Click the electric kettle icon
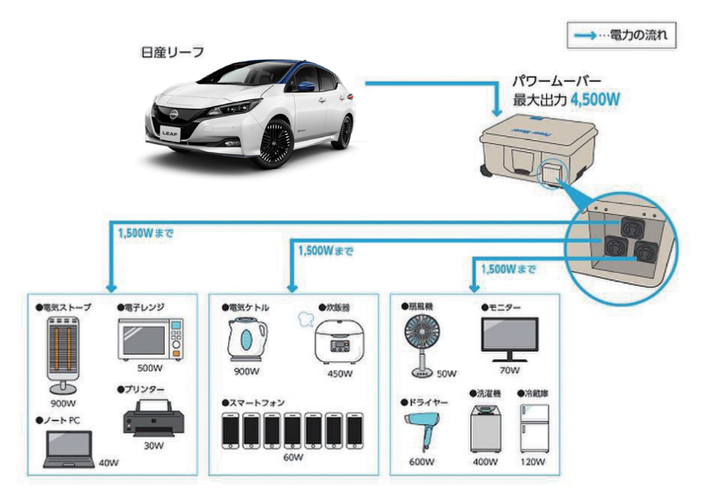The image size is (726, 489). (246, 339)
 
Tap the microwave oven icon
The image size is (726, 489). (150, 339)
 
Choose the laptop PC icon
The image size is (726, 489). (69, 448)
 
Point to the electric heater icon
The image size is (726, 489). (65, 352)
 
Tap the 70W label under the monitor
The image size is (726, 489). (510, 371)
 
